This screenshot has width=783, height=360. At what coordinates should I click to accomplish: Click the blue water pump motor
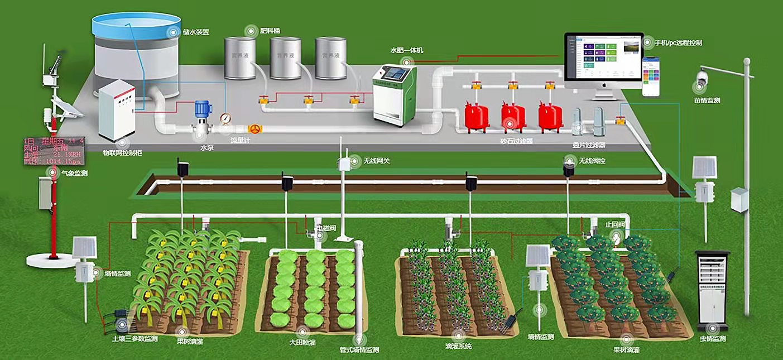(201, 108)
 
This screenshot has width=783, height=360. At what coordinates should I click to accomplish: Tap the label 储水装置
(196, 32)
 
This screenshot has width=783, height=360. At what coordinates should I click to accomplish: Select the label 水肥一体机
(406, 50)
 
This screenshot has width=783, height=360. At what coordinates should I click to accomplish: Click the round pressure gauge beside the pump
(225, 118)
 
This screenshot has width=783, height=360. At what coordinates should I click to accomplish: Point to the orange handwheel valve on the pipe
(254, 129)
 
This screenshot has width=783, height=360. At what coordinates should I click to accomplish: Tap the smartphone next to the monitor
(650, 76)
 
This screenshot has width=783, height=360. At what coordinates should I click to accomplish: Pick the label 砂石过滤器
(516, 141)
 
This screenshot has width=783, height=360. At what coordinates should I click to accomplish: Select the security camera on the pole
(703, 75)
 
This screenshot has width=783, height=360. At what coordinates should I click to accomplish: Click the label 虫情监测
(712, 339)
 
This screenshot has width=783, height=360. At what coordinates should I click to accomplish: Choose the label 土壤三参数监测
(134, 339)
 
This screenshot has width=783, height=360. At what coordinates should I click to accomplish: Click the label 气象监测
(74, 174)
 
